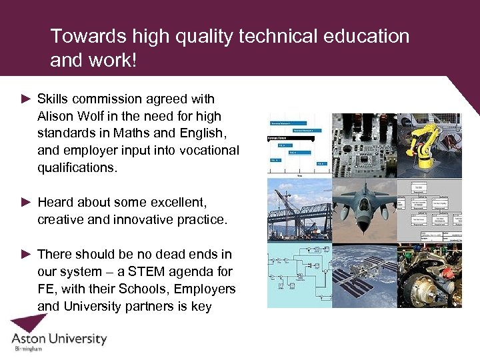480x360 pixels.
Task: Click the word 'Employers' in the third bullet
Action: pos(205,289)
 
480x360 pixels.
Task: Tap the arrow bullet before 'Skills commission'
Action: pos(26,99)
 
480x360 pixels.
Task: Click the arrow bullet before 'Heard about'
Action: pos(26,202)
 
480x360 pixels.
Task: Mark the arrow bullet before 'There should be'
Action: pos(26,254)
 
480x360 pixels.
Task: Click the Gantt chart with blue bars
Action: pos(299,143)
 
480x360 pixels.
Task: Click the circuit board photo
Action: pos(364,143)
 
